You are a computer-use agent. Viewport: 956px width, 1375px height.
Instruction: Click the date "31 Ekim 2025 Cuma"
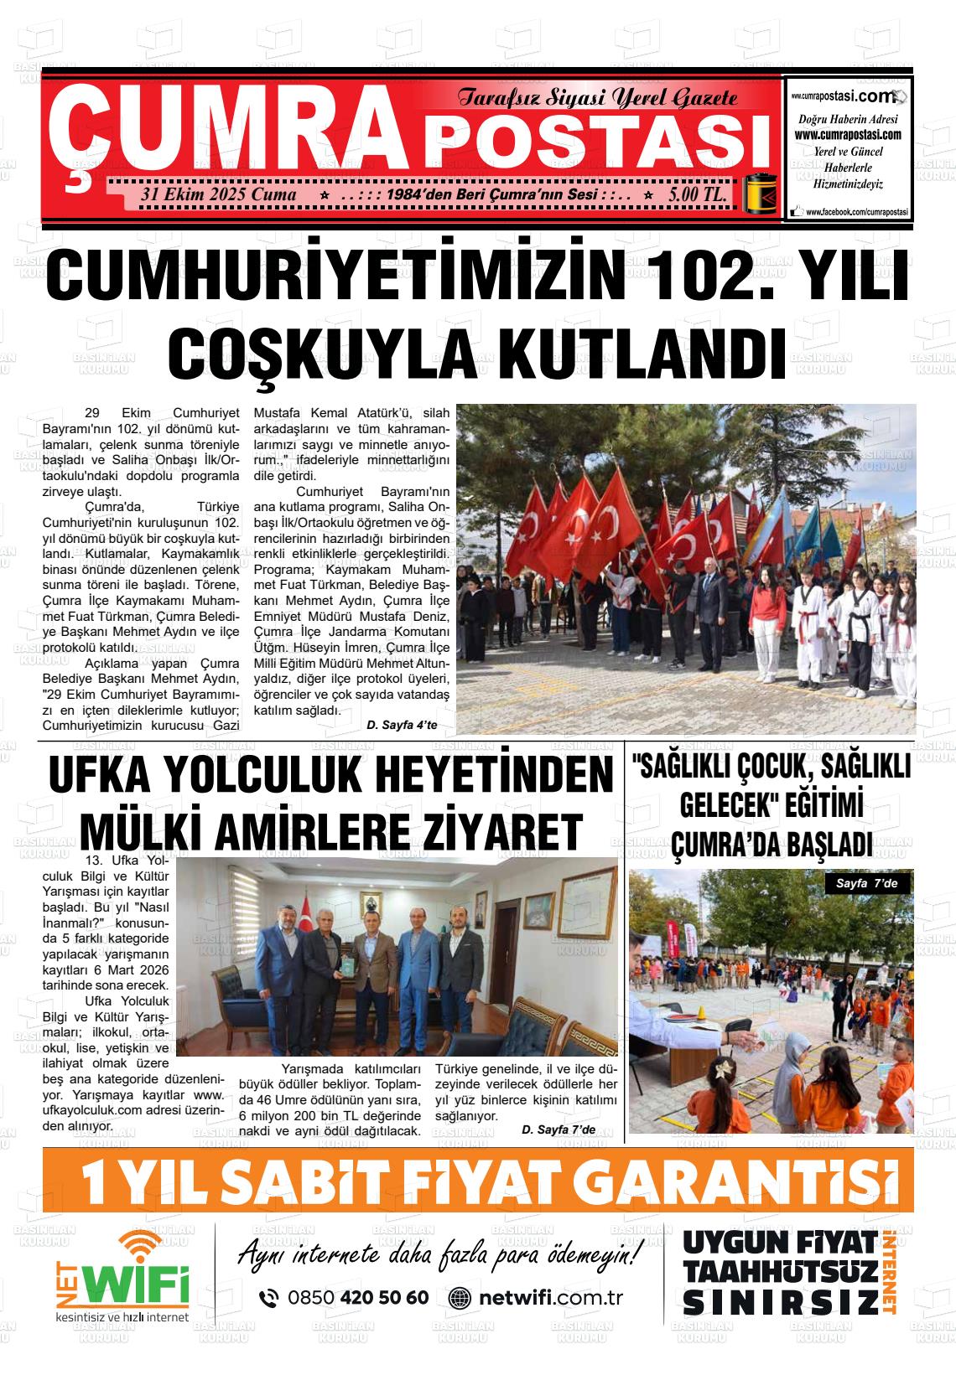pos(220,194)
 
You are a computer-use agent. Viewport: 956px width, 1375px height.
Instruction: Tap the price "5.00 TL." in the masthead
pos(697,194)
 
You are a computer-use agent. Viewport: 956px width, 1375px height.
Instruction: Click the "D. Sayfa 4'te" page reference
pos(402,725)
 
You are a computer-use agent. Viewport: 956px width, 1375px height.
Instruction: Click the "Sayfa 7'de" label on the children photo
pos(868,883)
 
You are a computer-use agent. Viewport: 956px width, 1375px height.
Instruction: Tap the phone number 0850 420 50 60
pos(357,1298)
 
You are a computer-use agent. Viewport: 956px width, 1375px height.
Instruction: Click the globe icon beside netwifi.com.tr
pos(460,1298)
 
